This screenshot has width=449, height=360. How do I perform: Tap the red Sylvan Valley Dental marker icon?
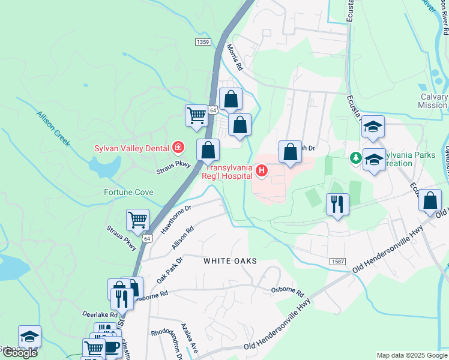178,147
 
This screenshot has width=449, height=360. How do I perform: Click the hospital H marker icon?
262,172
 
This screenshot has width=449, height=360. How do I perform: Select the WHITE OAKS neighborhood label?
230,261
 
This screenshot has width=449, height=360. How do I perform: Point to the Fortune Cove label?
128,193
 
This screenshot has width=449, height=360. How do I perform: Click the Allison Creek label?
53,129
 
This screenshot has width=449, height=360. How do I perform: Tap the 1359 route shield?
203,41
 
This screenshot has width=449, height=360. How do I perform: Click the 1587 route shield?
337,262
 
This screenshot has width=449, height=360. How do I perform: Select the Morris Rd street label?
234,57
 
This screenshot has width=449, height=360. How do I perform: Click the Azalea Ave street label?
189,339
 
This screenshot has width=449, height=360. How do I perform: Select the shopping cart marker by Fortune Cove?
138,220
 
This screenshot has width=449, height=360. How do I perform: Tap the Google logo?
20,353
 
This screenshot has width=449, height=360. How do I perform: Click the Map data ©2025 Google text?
411,355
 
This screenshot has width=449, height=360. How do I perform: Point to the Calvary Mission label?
433,101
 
